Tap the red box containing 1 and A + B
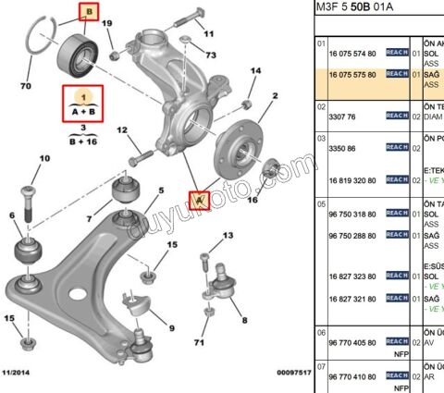pyautogui.click(x=83, y=102)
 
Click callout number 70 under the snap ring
pyautogui.click(x=25, y=86)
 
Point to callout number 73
pyautogui.click(x=211, y=56)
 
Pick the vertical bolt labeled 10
pyautogui.click(x=27, y=204)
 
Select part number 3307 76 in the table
pyautogui.click(x=337, y=117)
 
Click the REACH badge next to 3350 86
pyautogui.click(x=396, y=147)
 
